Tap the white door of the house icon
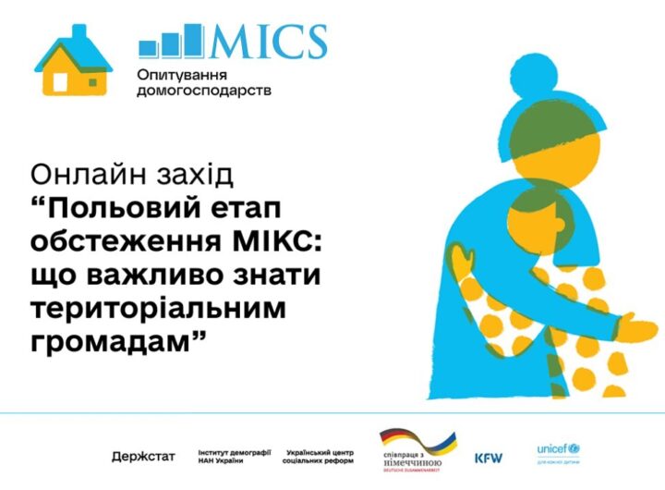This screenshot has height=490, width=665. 60,81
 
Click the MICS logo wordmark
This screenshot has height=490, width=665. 269,42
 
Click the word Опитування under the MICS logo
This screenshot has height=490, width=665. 183,73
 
